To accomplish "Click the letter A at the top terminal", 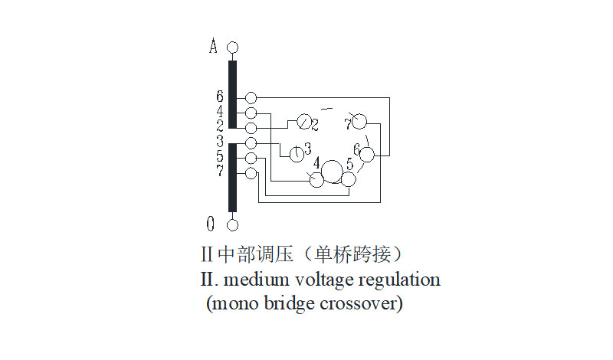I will click(214, 47).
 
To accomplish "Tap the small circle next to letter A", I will click(233, 47).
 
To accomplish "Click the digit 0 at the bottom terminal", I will click(211, 224).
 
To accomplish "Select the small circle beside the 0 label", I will click(233, 224).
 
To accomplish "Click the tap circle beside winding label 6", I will click(251, 98).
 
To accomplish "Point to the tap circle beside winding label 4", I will click(251, 113).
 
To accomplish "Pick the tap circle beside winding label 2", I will click(251, 126).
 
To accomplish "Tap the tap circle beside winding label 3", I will click(251, 142).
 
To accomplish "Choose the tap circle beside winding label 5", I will click(251, 158).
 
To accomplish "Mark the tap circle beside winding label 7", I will click(251, 173).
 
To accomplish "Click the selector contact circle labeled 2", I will click(303, 123).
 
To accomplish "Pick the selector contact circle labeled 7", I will click(359, 122).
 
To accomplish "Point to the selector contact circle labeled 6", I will click(367, 155).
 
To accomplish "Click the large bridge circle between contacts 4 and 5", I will click(333, 172).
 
